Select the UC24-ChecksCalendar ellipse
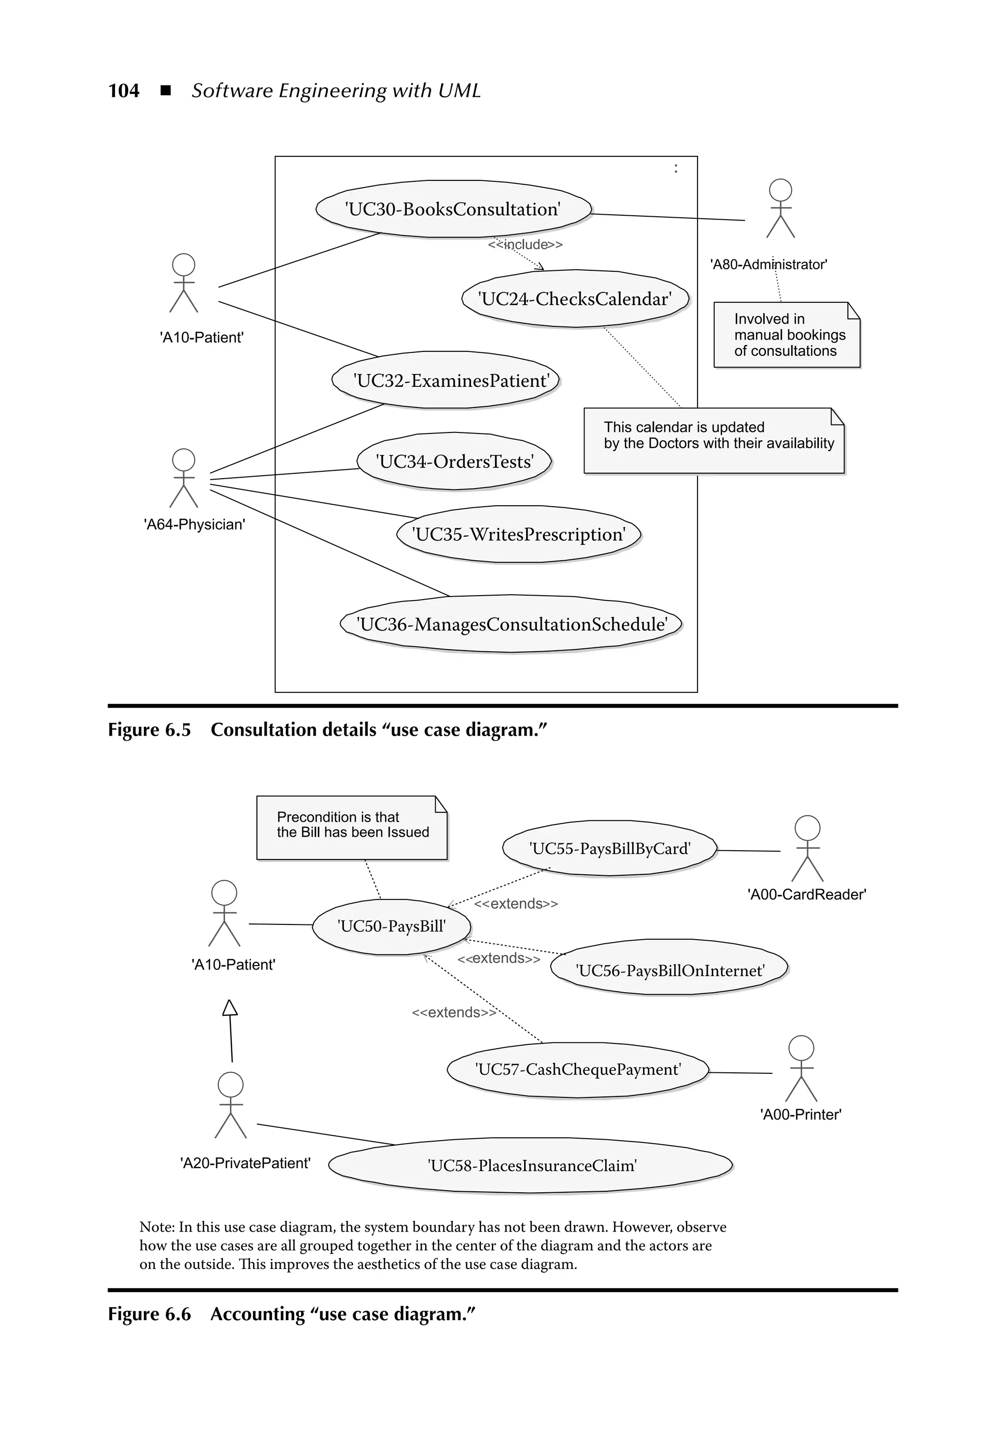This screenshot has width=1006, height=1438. [575, 299]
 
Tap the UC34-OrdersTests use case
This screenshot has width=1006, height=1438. [454, 461]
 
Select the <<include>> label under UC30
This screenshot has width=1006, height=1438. [525, 244]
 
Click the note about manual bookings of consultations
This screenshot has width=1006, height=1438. [787, 335]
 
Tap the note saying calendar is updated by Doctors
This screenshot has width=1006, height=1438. [714, 441]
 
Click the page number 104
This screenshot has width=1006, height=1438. [124, 91]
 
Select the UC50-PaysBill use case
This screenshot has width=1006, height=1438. [391, 926]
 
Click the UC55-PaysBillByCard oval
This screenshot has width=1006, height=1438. [610, 849]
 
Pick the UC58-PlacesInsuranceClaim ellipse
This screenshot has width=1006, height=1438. [531, 1166]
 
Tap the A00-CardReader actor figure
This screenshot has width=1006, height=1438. [807, 849]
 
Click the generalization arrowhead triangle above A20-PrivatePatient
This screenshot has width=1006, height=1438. [230, 1007]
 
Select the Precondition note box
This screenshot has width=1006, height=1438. [352, 827]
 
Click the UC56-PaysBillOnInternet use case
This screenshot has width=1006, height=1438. [669, 971]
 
